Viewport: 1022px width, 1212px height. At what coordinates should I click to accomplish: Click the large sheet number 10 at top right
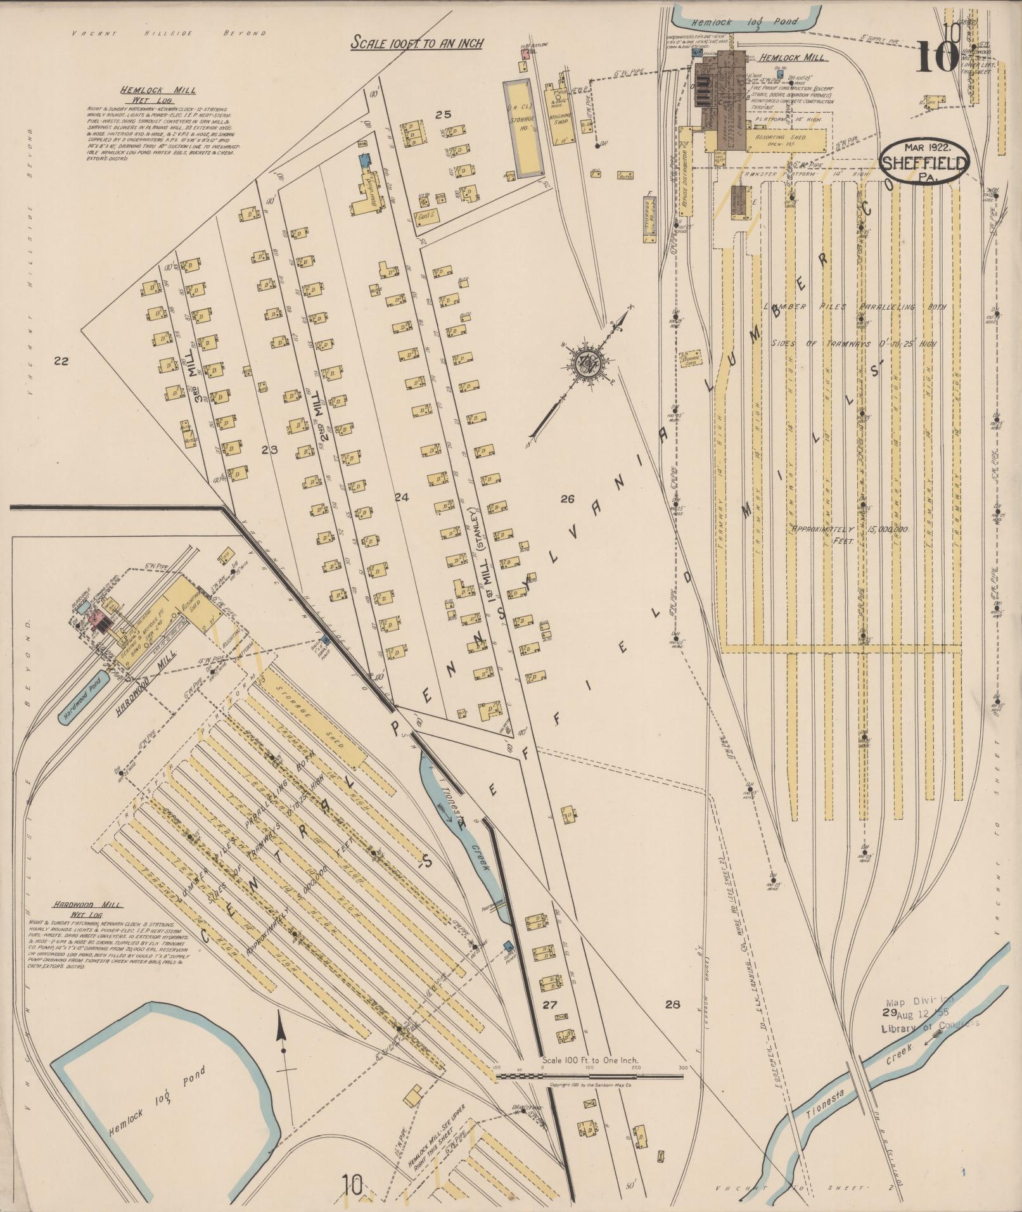[x=937, y=57]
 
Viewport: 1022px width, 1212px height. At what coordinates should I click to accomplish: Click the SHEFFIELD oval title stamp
[x=924, y=163]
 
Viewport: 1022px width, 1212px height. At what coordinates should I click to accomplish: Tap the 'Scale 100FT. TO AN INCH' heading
[x=418, y=43]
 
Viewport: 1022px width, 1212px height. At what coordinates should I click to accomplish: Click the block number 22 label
[x=61, y=362]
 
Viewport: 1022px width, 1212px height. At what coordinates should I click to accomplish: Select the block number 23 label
[x=270, y=450]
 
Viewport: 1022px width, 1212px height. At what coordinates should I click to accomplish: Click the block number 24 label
[x=402, y=497]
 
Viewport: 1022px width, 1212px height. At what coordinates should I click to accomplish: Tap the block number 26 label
[x=567, y=499]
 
